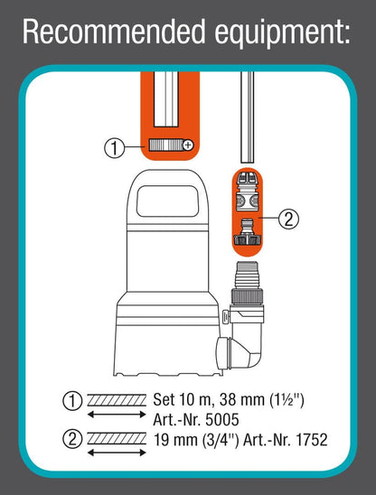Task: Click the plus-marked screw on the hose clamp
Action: [187, 145]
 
